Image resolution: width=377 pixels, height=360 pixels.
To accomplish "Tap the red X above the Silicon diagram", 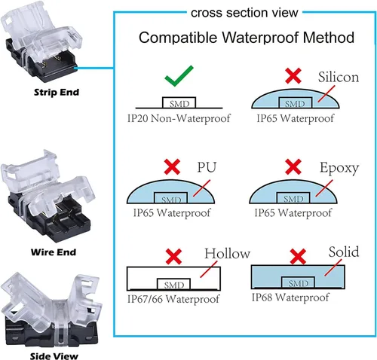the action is click(x=293, y=75).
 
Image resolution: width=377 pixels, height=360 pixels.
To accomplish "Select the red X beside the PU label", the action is click(x=172, y=166).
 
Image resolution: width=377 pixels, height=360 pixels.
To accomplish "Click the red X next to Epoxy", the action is click(x=293, y=166).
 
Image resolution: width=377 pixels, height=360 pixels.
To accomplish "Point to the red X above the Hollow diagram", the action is click(x=173, y=256).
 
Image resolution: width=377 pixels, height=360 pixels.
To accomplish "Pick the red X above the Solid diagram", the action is click(x=298, y=256).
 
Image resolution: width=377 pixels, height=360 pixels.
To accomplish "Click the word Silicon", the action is click(x=339, y=77).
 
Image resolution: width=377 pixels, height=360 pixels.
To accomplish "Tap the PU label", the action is click(x=207, y=167).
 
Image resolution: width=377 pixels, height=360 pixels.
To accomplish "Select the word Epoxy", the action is click(x=339, y=168).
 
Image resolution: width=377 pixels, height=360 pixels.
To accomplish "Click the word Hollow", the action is click(x=227, y=253).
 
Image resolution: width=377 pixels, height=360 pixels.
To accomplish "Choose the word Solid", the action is click(x=344, y=252).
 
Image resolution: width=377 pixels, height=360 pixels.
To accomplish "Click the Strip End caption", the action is click(x=57, y=92).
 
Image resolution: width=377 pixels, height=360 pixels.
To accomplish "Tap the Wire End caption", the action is click(x=54, y=252).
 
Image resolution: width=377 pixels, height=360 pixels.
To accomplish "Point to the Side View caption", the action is click(x=54, y=355).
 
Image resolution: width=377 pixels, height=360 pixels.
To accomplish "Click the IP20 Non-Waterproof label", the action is click(x=179, y=118).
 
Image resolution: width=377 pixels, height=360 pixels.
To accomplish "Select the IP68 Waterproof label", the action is click(x=290, y=297).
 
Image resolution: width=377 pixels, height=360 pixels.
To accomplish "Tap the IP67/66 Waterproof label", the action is click(x=173, y=299).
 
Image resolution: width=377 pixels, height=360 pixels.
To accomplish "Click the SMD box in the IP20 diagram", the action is click(x=179, y=102).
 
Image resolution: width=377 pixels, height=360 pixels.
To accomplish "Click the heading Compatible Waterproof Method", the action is click(x=247, y=38).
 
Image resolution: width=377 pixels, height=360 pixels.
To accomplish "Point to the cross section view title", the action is click(x=244, y=13).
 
